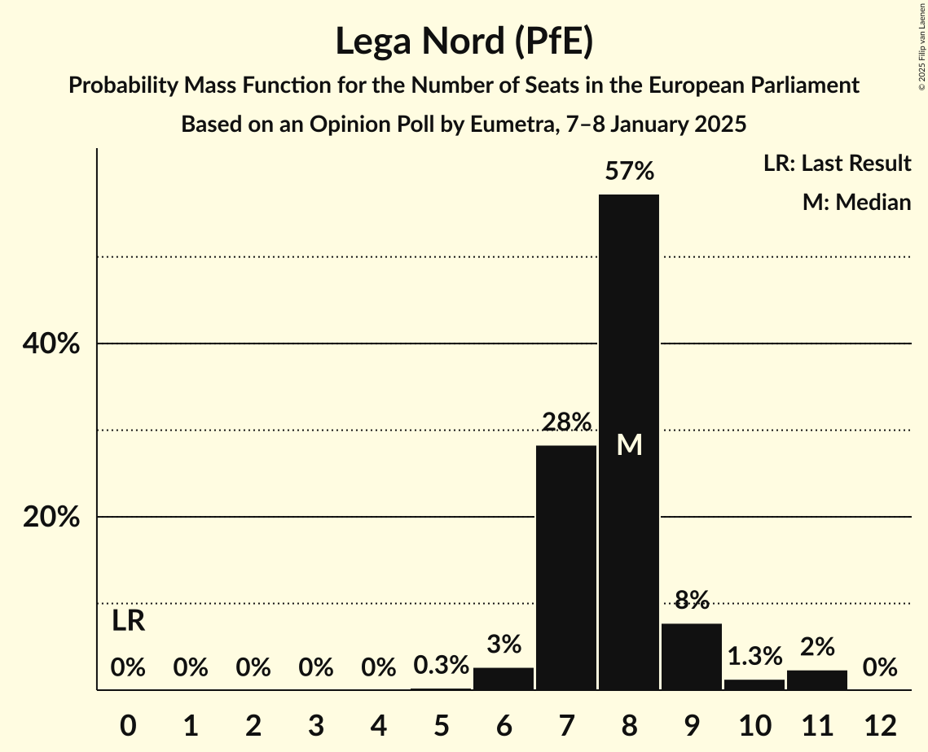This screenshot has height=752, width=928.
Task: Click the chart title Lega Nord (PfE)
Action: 464,42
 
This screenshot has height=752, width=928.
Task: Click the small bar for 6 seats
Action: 504,679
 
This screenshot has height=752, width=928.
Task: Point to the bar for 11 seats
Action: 816,680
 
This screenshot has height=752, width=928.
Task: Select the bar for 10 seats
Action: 754,684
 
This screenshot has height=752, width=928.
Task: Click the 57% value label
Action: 628,172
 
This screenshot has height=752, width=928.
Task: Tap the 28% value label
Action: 565,422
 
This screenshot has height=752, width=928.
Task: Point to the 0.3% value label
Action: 441,666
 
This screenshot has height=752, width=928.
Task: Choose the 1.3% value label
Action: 754,656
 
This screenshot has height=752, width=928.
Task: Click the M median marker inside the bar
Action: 628,444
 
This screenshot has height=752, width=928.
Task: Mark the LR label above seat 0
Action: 128,622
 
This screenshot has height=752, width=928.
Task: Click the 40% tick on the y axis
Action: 51,344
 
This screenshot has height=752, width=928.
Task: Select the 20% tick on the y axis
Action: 51,518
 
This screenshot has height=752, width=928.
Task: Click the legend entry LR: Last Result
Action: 837,164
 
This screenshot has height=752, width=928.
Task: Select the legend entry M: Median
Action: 856,202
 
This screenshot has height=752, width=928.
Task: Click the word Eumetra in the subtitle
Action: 504,125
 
